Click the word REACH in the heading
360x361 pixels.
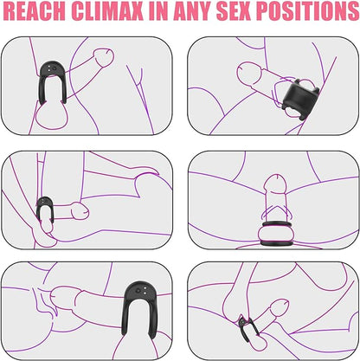[35, 11]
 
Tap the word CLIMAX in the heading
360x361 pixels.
[107, 11]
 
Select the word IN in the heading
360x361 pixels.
[158, 11]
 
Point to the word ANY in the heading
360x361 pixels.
[192, 11]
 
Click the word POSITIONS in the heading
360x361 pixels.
[307, 11]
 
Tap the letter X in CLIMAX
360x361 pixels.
[135, 11]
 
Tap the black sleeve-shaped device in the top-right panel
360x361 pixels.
[299, 97]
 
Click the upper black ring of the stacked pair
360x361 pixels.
[277, 224]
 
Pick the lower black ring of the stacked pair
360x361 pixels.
[277, 243]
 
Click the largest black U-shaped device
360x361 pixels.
[141, 288]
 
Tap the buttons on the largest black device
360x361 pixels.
[142, 292]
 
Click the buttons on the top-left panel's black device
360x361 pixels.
[52, 68]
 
